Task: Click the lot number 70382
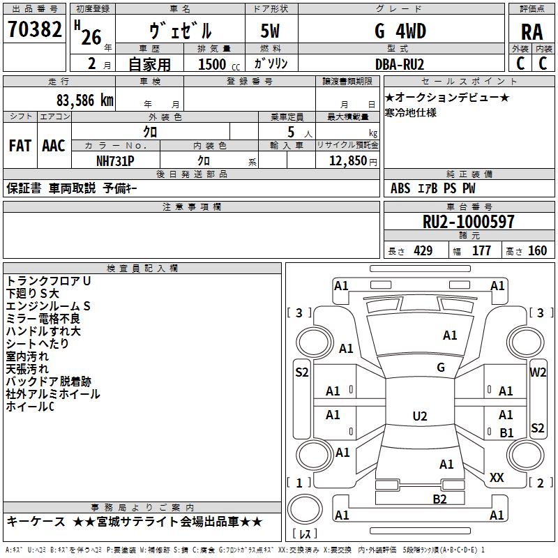[34, 29]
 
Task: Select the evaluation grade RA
[531, 32]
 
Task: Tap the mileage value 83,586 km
[85, 100]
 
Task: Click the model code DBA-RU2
[400, 64]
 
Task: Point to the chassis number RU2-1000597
[468, 222]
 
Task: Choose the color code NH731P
[115, 161]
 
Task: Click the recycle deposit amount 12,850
[347, 161]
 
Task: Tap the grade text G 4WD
[400, 31]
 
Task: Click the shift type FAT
[20, 146]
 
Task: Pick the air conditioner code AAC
[54, 146]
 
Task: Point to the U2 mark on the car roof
[420, 416]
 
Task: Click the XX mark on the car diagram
[497, 478]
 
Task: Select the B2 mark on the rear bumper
[439, 499]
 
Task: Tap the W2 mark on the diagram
[537, 372]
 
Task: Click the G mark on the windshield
[441, 368]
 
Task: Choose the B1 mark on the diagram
[506, 432]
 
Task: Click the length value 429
[423, 251]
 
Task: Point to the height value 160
[537, 251]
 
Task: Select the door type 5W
[270, 31]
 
